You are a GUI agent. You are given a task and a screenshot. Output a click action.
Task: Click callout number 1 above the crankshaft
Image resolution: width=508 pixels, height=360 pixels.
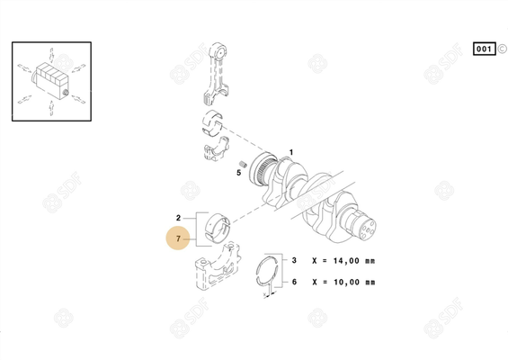coord(290,152)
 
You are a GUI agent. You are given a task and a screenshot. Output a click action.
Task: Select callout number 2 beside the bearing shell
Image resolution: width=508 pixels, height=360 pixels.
coord(179,218)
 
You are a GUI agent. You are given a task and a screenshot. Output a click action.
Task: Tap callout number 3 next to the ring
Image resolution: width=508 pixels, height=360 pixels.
coord(294,260)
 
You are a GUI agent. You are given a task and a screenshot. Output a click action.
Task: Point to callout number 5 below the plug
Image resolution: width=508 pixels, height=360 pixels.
coord(240,171)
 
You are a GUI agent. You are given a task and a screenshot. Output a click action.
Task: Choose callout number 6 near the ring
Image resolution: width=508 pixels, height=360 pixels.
coord(294,282)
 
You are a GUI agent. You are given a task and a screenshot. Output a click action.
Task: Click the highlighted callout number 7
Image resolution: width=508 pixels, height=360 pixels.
coord(179,239)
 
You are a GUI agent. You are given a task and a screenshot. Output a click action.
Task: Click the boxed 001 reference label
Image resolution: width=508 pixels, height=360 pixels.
coord(483,48)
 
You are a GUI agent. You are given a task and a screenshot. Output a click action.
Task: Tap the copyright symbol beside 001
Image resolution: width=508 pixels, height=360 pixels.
coord(502,48)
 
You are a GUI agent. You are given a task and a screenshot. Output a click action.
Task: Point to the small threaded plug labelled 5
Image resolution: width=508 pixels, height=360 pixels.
coord(241,160)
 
